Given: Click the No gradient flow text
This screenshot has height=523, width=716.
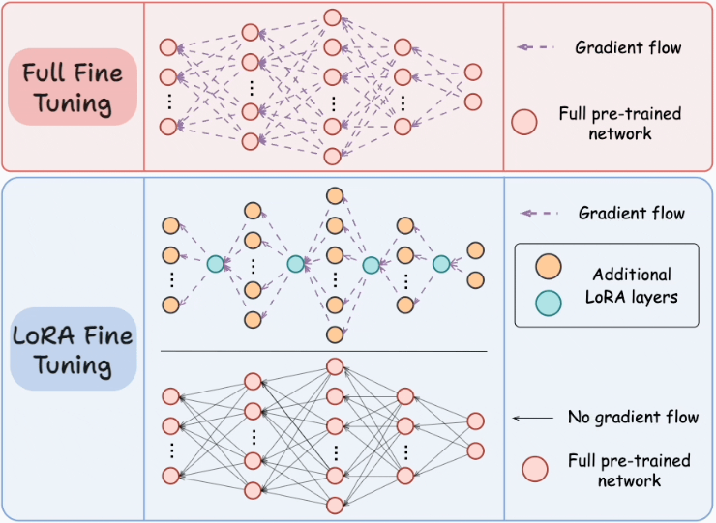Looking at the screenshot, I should tap(633, 418).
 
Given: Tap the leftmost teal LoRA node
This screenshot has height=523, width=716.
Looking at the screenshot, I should tap(215, 262).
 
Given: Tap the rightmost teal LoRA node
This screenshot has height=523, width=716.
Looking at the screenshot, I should tap(442, 262).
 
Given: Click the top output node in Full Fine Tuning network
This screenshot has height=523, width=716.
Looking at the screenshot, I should tap(473, 72).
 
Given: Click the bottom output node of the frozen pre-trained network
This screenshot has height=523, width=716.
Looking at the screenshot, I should tap(475, 450).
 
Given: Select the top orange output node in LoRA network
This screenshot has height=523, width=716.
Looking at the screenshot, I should tap(475, 250).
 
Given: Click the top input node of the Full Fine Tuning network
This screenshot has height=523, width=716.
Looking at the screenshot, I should tap(168, 46).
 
